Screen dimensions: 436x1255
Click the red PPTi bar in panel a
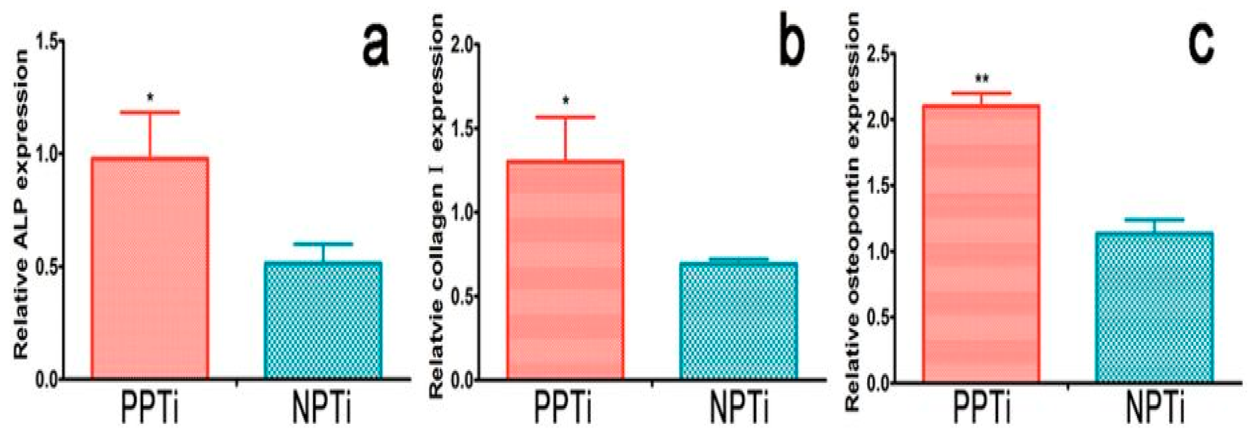pyautogui.click(x=150, y=268)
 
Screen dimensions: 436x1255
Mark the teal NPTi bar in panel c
pyautogui.click(x=1154, y=306)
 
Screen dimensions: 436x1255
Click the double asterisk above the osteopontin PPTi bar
pyautogui.click(x=981, y=78)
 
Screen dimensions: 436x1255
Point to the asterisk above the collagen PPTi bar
pyautogui.click(x=566, y=102)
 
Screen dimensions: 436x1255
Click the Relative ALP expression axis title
pyautogui.click(x=21, y=205)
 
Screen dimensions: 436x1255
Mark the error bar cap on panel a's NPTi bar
pyautogui.click(x=322, y=244)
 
